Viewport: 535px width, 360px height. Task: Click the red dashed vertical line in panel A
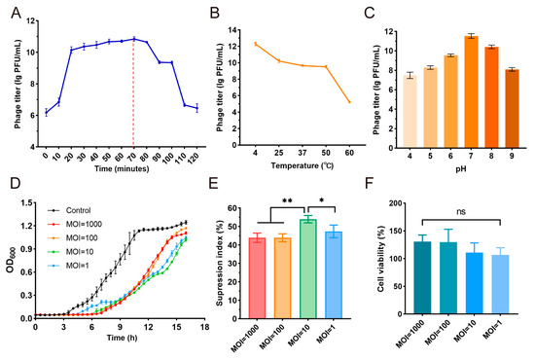(x=133, y=92)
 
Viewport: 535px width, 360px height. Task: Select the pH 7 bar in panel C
(x=471, y=91)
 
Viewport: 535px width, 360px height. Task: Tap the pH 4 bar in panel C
(x=410, y=112)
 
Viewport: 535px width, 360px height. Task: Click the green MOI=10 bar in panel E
(x=308, y=269)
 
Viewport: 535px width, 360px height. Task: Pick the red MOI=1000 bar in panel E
(x=257, y=278)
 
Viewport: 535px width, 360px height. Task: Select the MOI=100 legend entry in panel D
(x=72, y=237)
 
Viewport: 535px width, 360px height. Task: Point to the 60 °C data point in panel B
(x=349, y=102)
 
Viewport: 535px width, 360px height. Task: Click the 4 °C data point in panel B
(x=255, y=44)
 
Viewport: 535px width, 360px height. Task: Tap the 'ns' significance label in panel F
(x=461, y=212)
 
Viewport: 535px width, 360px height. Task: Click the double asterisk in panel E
(x=287, y=200)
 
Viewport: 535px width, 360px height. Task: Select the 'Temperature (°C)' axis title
(x=302, y=165)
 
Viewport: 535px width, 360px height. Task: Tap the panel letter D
(x=16, y=184)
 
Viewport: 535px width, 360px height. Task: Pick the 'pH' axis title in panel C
(x=461, y=169)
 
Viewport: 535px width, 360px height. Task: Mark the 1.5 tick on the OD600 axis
(x=26, y=203)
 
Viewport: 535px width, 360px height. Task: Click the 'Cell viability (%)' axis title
(x=381, y=259)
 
